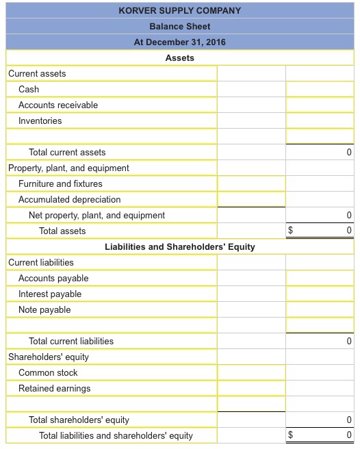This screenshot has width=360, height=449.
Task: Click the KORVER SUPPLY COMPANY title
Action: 180,10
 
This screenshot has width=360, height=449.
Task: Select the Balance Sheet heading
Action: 180,26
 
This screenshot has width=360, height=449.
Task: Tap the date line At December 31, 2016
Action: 180,42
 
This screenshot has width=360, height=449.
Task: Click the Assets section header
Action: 180,57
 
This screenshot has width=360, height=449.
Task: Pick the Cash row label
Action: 29,89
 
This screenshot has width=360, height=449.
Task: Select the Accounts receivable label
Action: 58,105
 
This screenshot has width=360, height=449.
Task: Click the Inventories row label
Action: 40,120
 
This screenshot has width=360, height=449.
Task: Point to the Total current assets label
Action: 67,152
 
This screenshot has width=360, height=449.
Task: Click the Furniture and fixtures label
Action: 60,183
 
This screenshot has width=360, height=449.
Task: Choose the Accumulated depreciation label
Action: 69,199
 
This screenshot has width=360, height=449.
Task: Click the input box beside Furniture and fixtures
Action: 251,183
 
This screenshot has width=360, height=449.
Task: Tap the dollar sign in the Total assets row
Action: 290,231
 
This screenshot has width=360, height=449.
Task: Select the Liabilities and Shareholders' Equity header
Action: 180,246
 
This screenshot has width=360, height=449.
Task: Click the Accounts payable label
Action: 53,278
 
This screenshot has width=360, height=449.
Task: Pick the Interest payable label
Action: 50,294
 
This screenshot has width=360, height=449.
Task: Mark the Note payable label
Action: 44,309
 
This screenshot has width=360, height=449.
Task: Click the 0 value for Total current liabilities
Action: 349,341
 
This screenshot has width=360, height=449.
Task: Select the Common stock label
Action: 48,372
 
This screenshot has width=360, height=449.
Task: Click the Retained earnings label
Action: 54,388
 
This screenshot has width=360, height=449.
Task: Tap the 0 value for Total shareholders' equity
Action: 349,420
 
